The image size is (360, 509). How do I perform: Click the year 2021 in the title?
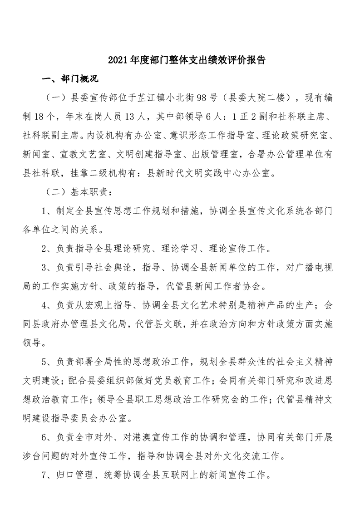[x=117, y=60]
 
